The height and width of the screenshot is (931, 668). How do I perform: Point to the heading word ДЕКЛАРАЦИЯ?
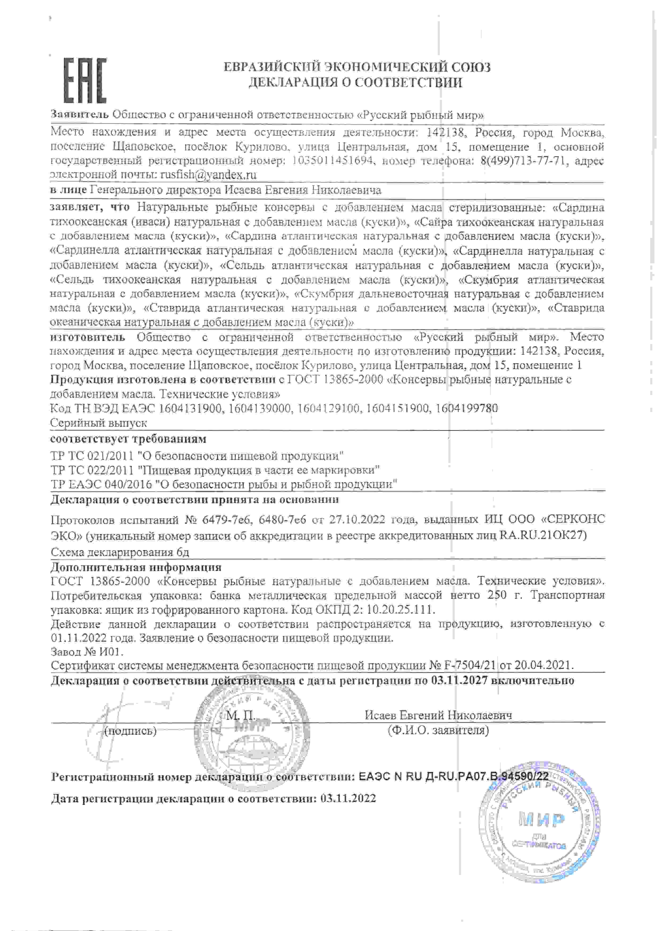(291, 83)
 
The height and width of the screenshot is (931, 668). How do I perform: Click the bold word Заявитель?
(80, 114)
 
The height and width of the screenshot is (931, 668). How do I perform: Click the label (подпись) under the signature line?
(130, 731)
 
